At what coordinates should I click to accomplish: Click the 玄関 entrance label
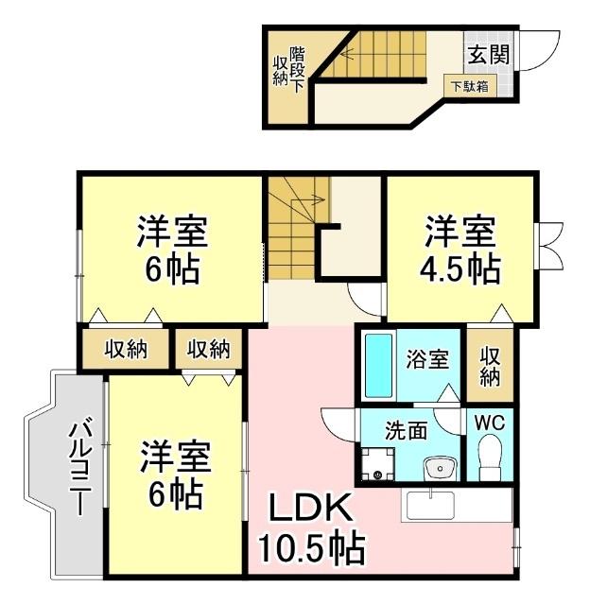487,54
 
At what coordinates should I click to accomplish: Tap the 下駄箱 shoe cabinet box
469,85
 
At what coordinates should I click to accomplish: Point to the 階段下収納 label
288,68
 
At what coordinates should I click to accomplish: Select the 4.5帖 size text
460,268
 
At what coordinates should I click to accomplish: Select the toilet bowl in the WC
490,460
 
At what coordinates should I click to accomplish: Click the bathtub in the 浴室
379,365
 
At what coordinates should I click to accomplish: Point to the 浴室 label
427,360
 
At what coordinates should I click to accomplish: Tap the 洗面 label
406,429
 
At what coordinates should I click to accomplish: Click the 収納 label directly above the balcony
126,349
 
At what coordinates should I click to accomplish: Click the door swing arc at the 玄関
534,49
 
